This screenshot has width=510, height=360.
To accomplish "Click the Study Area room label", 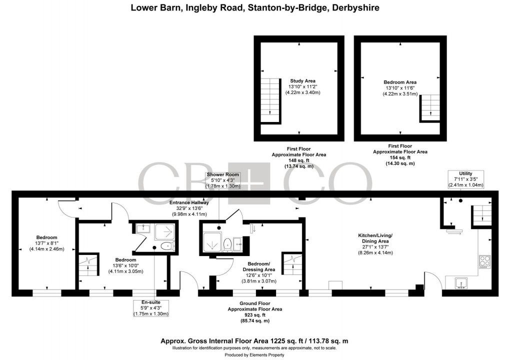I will (302, 80).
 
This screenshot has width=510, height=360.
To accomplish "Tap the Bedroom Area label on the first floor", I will (399, 82).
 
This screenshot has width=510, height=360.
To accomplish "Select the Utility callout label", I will (465, 173).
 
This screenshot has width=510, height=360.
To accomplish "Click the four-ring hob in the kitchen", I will (485, 260).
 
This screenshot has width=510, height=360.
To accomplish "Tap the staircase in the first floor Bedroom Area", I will (428, 108).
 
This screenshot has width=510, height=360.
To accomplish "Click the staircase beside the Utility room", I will (481, 214).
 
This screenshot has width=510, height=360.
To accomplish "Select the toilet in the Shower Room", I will (227, 244).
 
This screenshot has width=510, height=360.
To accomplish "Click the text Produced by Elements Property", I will (254, 354).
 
